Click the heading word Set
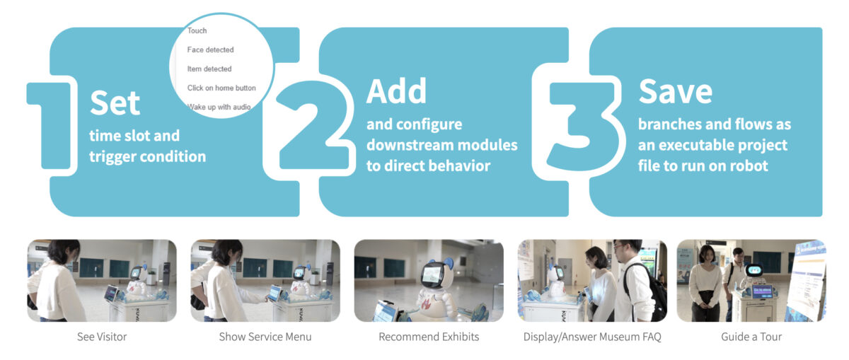point(115,103)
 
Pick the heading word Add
point(396,91)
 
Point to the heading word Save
point(676,91)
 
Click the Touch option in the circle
point(197,30)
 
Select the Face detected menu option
point(210,50)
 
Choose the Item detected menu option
point(209,69)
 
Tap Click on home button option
point(221,88)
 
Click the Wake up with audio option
point(219,107)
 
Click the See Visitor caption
point(102,337)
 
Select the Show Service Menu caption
point(265,337)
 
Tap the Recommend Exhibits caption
point(429,337)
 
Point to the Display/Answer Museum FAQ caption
point(592,337)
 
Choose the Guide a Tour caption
point(751,337)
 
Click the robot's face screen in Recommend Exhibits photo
point(432,274)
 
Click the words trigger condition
point(147,157)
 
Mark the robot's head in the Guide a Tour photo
point(754,270)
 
